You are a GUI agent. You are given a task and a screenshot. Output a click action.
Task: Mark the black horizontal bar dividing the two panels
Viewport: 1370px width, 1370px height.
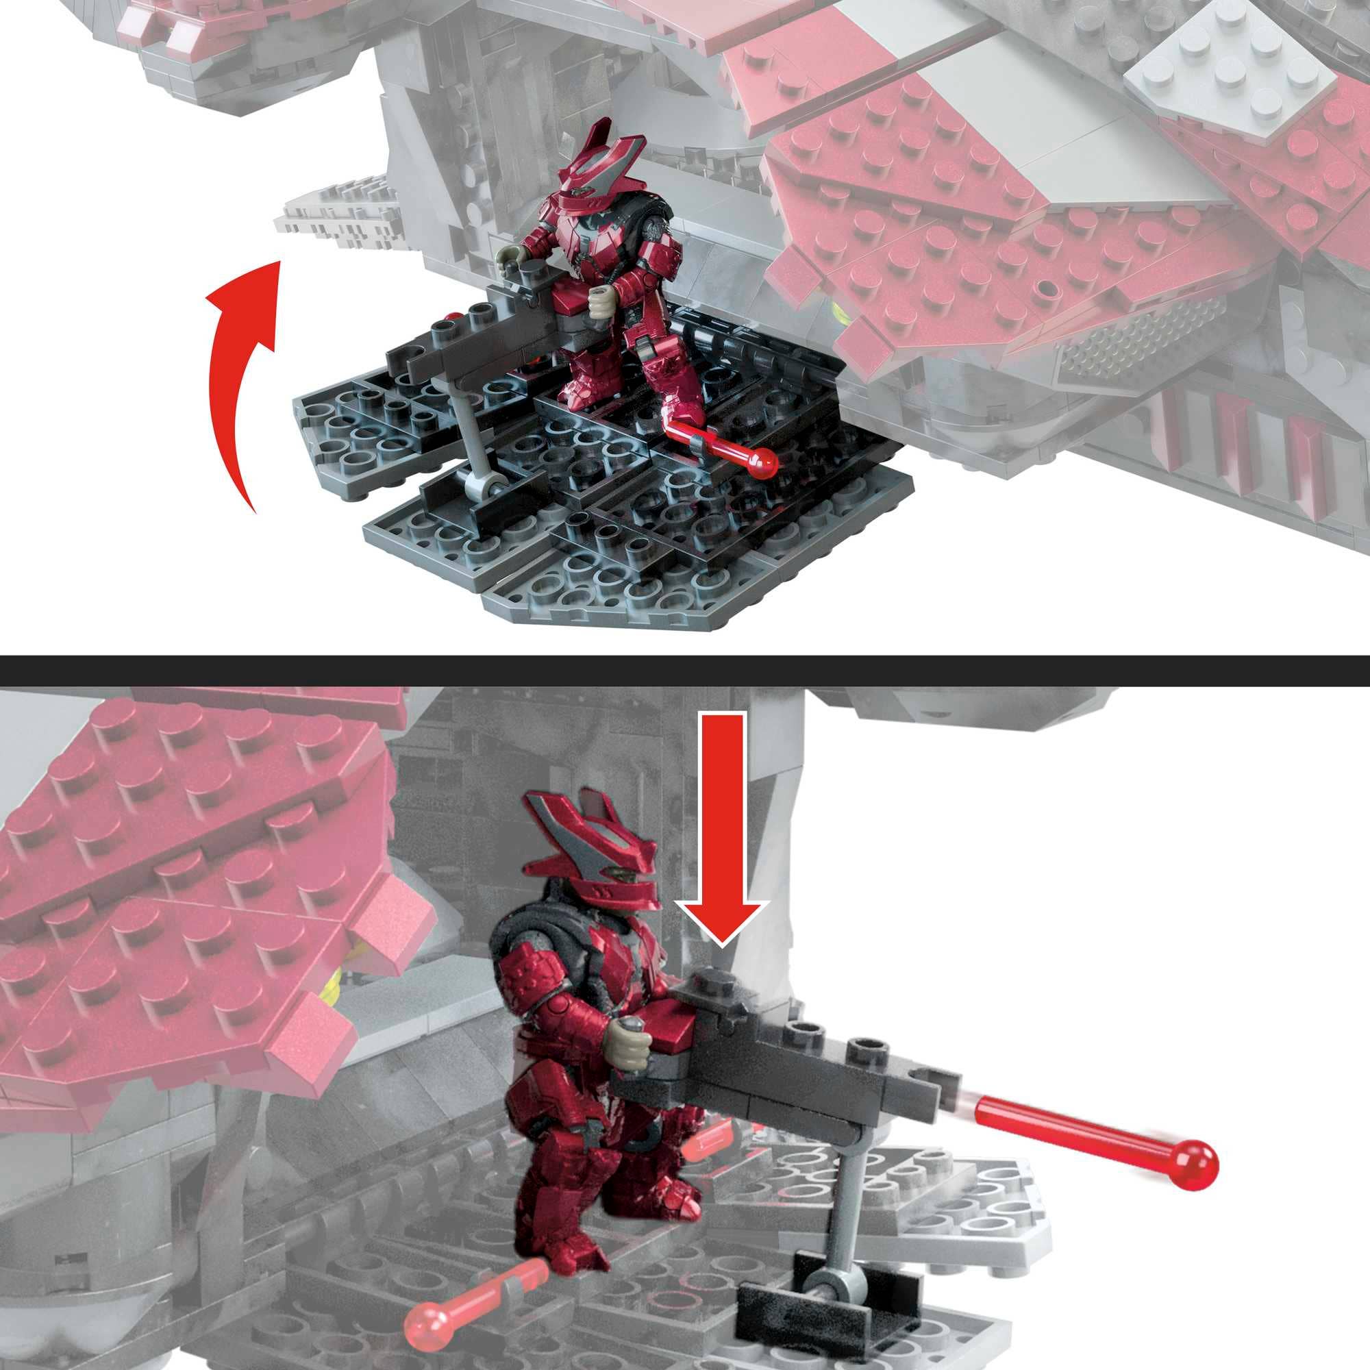coord(685,670)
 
